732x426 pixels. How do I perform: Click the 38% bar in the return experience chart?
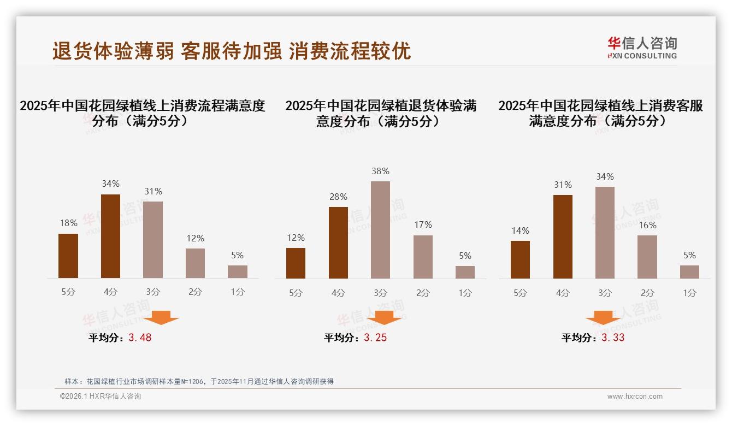point(380,230)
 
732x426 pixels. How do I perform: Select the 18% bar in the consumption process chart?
point(68,256)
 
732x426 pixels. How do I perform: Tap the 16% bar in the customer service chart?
point(647,257)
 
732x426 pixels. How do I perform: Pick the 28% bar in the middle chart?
point(338,242)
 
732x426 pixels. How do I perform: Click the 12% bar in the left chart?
point(195,263)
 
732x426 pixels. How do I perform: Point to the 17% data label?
point(423,224)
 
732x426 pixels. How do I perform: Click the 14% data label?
point(520,230)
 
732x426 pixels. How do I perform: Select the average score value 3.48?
point(140,338)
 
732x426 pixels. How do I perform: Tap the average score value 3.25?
point(375,338)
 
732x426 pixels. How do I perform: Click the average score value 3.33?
point(612,338)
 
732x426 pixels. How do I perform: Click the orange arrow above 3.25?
point(384,318)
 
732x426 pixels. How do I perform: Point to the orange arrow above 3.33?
point(603,318)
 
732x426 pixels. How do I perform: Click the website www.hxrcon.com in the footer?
point(635,397)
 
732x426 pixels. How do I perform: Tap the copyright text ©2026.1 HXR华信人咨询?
point(101,397)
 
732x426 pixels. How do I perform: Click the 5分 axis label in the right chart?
point(520,293)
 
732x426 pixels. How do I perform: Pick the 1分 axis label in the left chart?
point(238,292)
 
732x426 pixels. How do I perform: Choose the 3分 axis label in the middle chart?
point(380,293)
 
